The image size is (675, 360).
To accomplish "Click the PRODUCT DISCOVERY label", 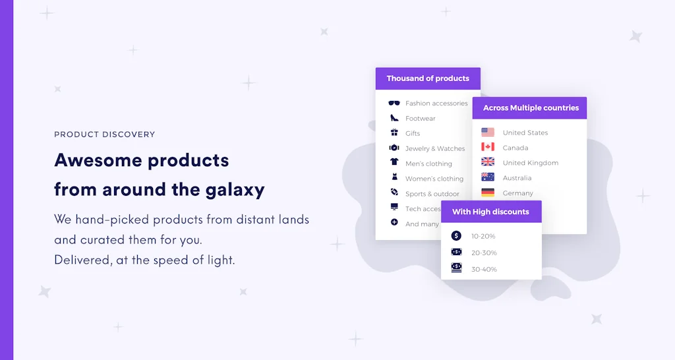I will (x=104, y=135).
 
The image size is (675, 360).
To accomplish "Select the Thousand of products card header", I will (x=428, y=78).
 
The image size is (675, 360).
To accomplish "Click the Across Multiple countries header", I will (x=531, y=108).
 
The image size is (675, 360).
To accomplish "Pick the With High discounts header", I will (x=490, y=212).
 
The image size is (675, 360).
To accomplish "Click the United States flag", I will (x=488, y=133).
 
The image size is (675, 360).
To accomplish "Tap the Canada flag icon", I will (x=488, y=147).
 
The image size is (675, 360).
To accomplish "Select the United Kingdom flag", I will (x=488, y=162).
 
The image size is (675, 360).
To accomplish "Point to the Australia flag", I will (x=488, y=177).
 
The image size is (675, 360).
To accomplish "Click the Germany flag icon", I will (x=488, y=193).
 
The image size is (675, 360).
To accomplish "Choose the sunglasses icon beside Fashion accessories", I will (x=394, y=103).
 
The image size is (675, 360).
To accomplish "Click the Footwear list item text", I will (x=421, y=119).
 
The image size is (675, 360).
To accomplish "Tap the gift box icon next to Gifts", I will (x=394, y=133).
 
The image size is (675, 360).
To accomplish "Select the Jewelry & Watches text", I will (x=435, y=149).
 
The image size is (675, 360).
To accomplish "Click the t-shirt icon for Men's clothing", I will (x=394, y=162).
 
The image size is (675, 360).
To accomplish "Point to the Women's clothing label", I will (x=434, y=179).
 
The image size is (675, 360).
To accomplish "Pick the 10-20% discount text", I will (x=483, y=236).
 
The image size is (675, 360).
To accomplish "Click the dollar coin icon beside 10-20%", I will (x=456, y=235).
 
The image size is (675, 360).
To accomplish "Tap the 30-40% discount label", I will (x=484, y=270).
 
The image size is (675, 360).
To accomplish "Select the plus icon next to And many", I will (x=394, y=223).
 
